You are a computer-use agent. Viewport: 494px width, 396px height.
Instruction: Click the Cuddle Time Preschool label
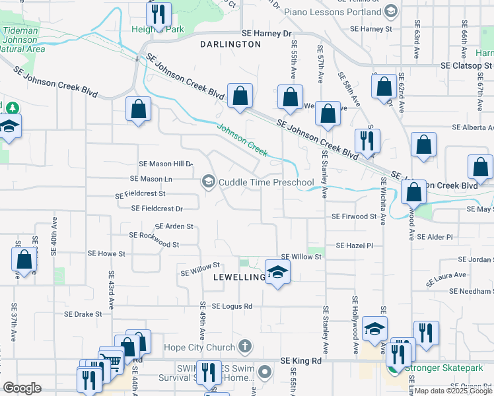[x=266, y=182]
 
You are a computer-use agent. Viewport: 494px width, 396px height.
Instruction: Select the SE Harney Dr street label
[x=266, y=33]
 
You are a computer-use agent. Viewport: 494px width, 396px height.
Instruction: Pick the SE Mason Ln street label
[x=151, y=179]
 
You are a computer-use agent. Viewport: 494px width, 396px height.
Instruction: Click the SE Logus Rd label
[x=232, y=306]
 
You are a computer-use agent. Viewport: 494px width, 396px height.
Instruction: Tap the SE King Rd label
[x=300, y=361]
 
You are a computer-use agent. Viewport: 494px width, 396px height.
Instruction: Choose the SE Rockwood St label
[x=155, y=236]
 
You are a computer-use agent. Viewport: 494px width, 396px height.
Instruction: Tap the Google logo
[x=22, y=387]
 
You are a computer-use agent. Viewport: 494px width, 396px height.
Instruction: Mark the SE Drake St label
[x=83, y=314]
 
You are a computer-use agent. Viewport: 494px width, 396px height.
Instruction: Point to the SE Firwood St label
[x=354, y=216]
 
